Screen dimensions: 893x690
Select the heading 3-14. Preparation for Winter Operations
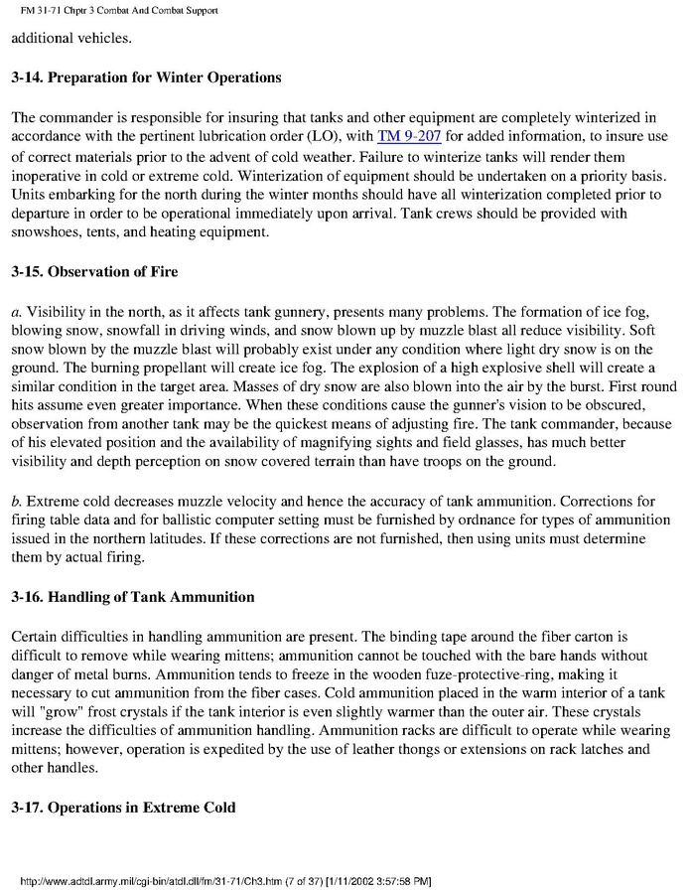point(146,77)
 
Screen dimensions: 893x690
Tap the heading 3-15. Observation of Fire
point(94,271)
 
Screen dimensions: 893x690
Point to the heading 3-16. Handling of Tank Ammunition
point(133,597)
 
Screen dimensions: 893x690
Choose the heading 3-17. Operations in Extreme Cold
point(123,808)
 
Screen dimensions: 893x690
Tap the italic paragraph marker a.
point(16,311)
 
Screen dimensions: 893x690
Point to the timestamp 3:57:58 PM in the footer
point(395,881)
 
